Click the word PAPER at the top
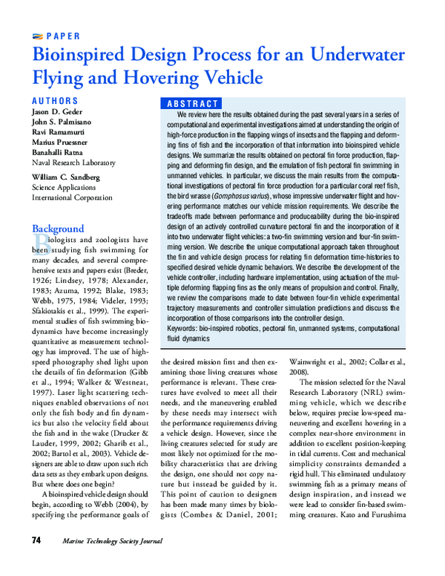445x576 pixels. click(63, 36)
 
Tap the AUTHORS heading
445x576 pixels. click(55, 100)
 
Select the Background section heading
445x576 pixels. click(58, 229)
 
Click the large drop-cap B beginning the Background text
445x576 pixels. click(40, 245)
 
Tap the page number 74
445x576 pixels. click(38, 559)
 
